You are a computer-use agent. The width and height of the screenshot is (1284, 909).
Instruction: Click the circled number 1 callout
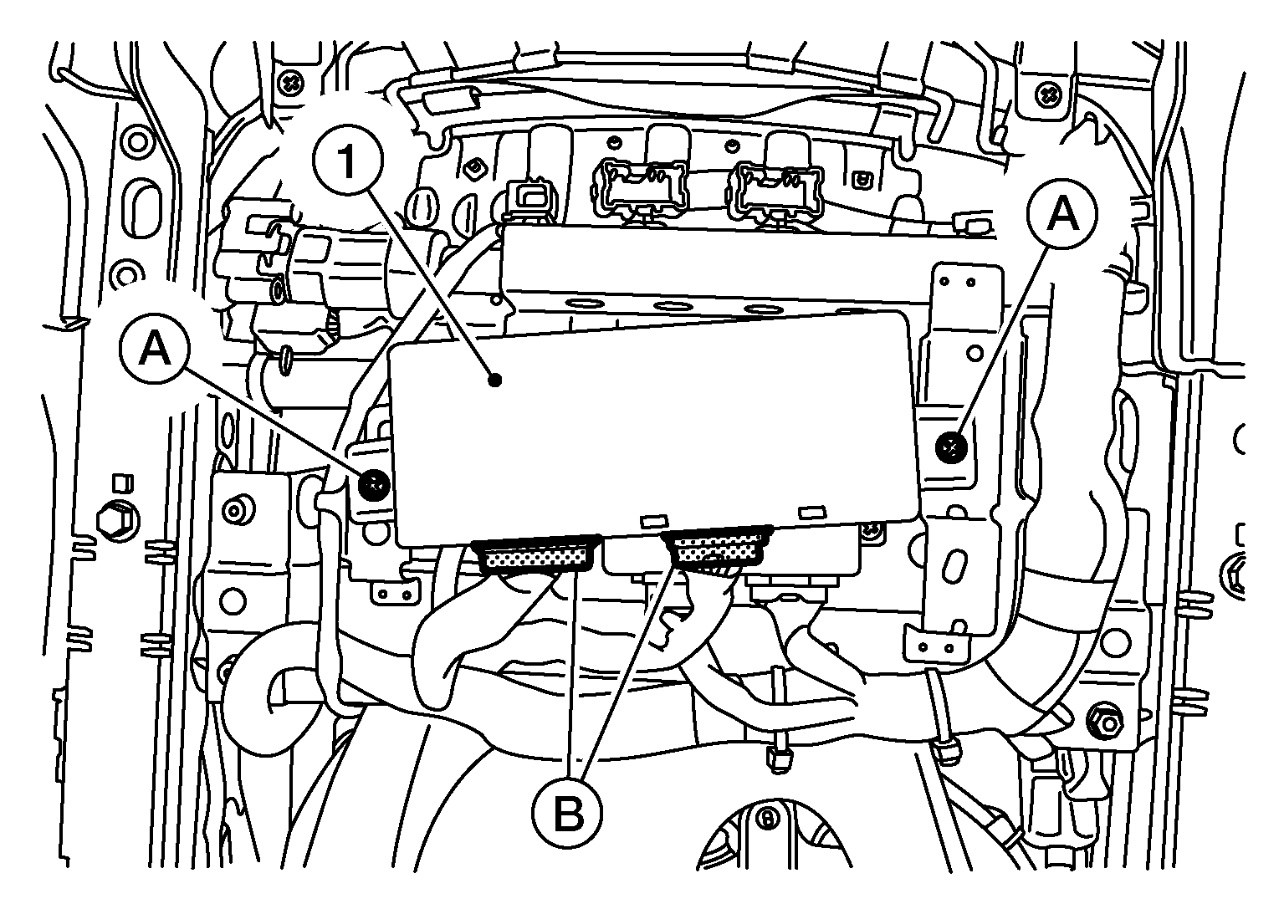click(348, 161)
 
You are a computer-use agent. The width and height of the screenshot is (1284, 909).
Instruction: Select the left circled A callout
click(154, 349)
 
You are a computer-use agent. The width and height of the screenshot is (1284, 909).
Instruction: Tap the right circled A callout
click(1062, 213)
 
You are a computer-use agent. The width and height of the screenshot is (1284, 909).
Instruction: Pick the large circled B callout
click(567, 814)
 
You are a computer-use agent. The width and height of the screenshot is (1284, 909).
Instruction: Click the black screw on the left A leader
click(374, 485)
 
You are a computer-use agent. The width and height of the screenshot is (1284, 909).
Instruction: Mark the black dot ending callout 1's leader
click(495, 380)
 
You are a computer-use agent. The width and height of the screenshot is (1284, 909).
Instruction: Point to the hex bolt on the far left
click(118, 519)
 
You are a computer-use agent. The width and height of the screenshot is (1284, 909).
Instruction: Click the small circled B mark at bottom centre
click(767, 820)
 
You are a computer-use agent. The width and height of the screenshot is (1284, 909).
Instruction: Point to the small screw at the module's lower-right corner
click(872, 529)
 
